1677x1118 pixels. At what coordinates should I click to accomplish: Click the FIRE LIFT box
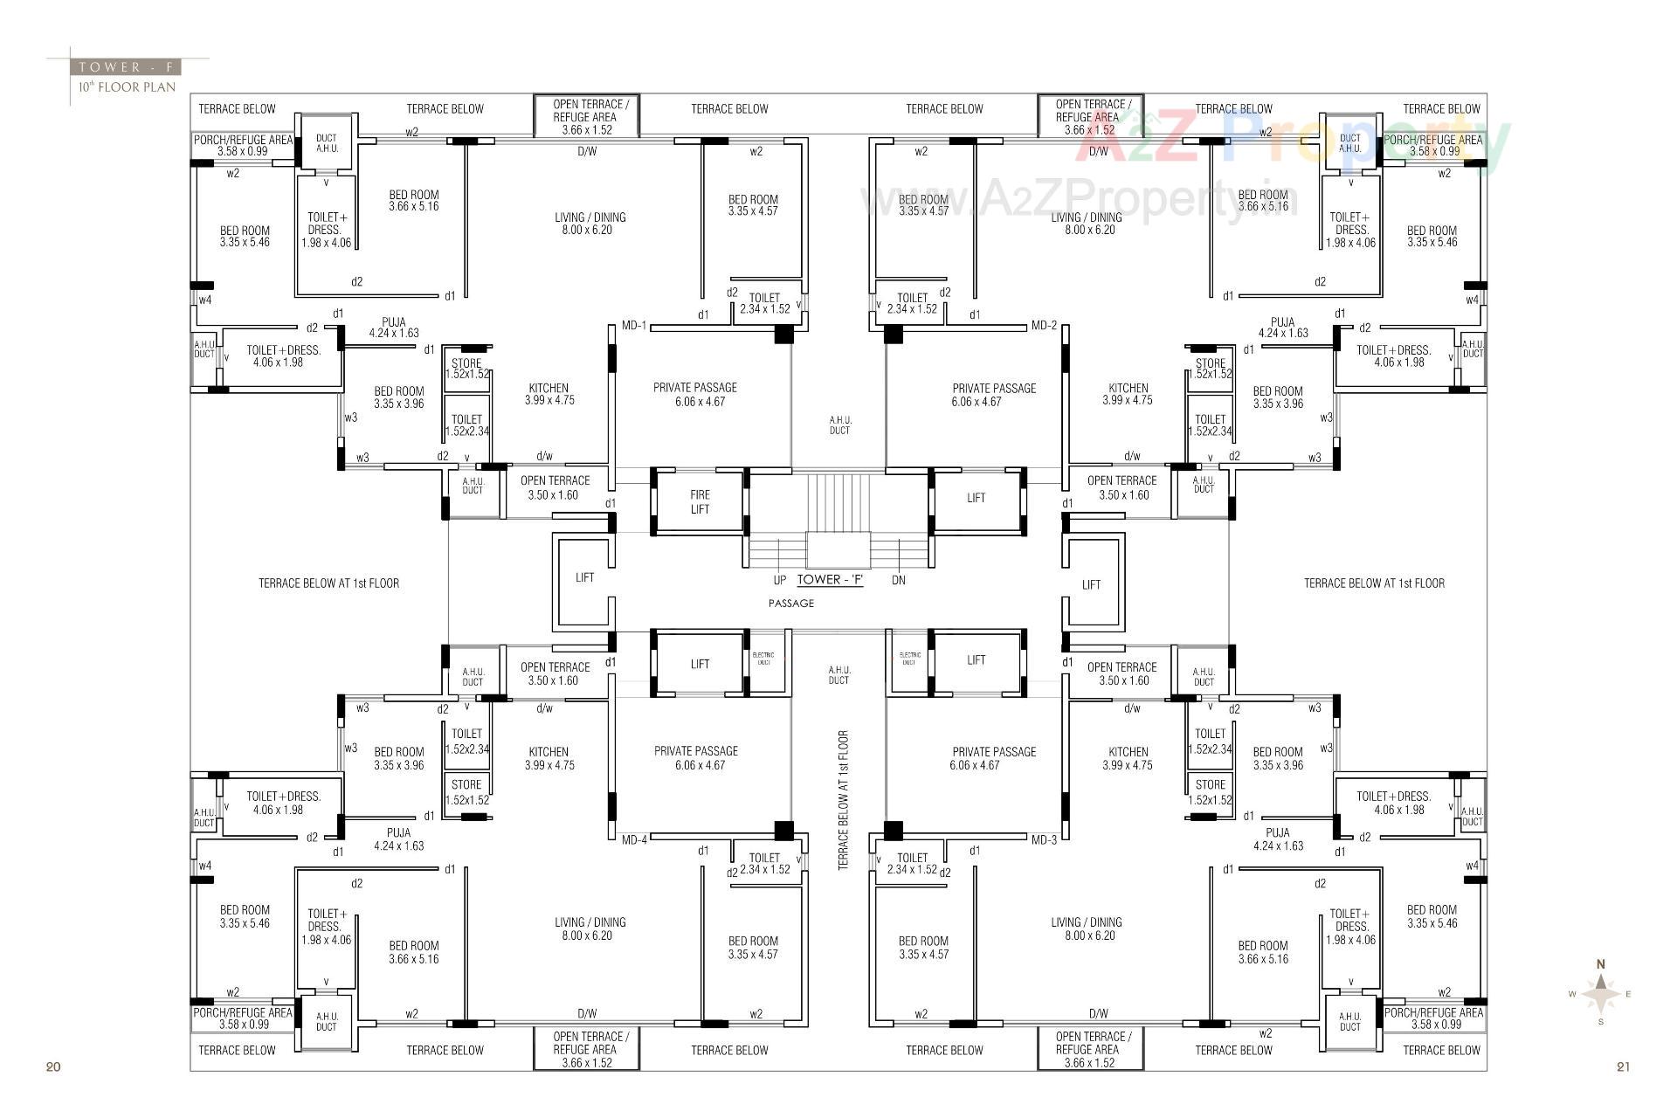(700, 501)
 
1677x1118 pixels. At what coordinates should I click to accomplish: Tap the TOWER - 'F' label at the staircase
(831, 579)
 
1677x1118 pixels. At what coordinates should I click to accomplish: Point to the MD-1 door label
(633, 326)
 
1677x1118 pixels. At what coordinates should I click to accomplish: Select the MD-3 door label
(1044, 839)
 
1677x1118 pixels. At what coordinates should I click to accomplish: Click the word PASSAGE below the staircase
(791, 604)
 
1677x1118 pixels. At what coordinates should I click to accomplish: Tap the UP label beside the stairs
(779, 580)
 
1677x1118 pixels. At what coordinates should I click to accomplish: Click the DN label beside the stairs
(899, 580)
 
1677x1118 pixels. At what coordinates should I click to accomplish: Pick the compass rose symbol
(1600, 994)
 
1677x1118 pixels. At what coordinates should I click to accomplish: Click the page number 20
(53, 1066)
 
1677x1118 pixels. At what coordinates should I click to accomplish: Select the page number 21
(1623, 1066)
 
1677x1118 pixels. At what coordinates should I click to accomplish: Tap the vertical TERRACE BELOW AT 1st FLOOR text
(843, 800)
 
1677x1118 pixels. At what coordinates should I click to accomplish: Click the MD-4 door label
(634, 839)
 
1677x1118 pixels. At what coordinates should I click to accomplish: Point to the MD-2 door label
(1044, 326)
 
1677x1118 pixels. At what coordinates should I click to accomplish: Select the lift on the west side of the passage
(584, 577)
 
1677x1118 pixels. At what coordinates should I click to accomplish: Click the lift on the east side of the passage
(1091, 584)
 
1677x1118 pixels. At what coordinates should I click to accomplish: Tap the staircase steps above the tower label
(838, 502)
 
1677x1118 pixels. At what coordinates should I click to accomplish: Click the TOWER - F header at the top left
(128, 66)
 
